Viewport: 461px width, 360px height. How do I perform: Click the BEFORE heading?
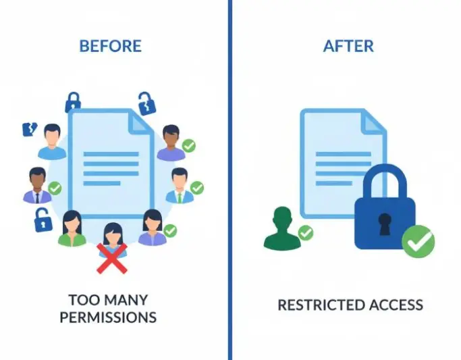tap(111, 46)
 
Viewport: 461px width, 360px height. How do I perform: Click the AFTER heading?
tap(348, 46)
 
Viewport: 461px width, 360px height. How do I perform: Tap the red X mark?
tap(112, 258)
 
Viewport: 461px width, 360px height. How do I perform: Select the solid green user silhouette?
tap(282, 228)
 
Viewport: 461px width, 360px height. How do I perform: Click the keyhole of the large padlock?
tap(385, 224)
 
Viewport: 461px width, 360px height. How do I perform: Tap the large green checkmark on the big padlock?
tap(418, 242)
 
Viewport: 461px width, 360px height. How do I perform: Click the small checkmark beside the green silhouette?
tap(306, 232)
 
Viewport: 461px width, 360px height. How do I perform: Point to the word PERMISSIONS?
tap(108, 317)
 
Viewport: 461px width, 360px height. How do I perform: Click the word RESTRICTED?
tap(322, 305)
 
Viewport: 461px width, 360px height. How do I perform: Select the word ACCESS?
tap(396, 305)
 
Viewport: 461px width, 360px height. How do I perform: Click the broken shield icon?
tap(30, 129)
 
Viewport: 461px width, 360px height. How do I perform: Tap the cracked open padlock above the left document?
tap(146, 104)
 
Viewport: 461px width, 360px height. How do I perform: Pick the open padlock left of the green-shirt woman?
tap(43, 220)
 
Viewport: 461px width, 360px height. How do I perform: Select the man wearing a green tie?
tap(180, 186)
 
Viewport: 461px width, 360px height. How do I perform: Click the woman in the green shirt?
tap(72, 228)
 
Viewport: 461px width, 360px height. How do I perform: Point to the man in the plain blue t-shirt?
tap(52, 142)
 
